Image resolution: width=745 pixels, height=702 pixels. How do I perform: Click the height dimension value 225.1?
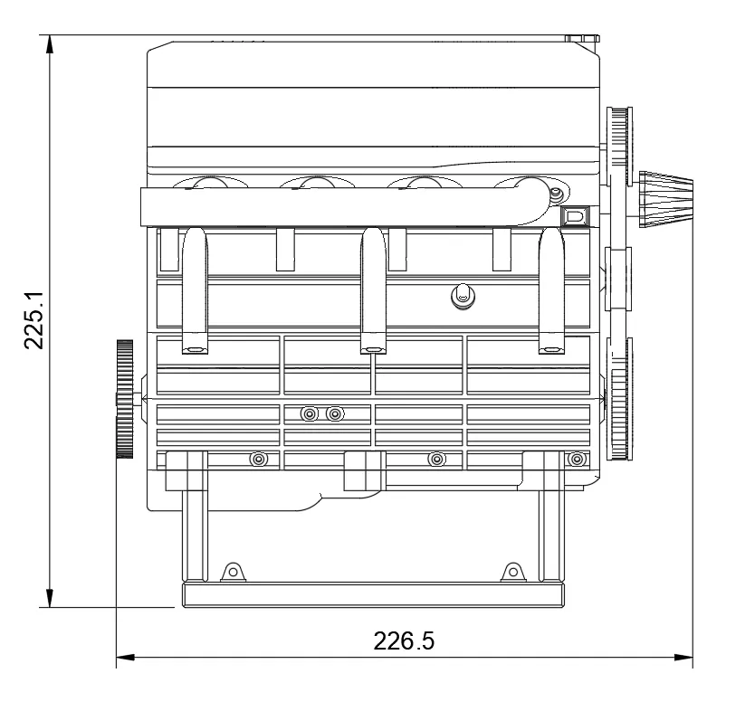point(33,320)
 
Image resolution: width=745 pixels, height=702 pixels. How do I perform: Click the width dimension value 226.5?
point(404,640)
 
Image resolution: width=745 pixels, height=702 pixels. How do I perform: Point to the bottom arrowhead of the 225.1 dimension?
point(49,598)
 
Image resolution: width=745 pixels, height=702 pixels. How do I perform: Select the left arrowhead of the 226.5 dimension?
point(126,658)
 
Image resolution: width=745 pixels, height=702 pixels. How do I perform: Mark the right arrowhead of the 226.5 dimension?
point(683,658)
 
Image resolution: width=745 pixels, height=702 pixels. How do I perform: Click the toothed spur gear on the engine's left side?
point(125,399)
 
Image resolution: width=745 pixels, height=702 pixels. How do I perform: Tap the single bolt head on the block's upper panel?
point(463,297)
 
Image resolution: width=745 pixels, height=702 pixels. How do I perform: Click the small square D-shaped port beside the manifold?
point(575,216)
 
